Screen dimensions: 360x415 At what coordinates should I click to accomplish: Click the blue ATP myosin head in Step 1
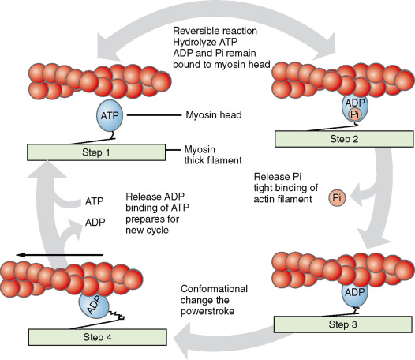[110, 115]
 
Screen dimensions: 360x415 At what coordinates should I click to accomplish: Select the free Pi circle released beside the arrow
[337, 196]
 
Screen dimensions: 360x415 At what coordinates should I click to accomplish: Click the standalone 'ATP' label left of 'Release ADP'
[94, 201]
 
